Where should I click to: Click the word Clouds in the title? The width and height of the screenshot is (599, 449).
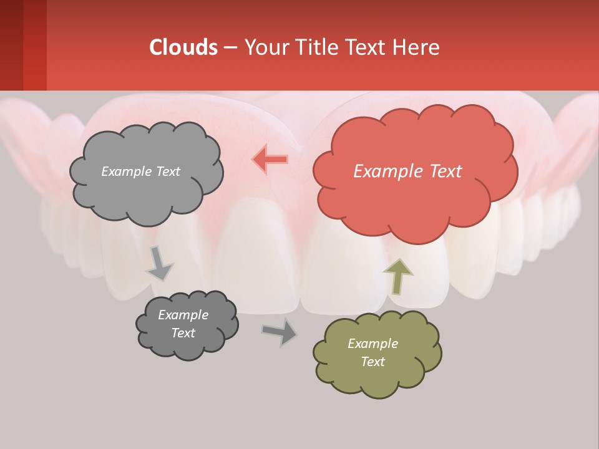pos(183,47)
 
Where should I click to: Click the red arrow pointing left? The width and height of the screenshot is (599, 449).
pos(270,159)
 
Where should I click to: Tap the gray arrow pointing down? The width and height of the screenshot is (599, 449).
pos(159,264)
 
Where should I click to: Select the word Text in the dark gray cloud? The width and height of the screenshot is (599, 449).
pos(183,333)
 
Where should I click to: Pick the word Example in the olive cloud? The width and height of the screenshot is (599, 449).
pos(373,344)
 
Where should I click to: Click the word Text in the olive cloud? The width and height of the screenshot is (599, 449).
pos(373,362)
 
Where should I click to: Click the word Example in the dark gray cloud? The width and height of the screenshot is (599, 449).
pos(183,315)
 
